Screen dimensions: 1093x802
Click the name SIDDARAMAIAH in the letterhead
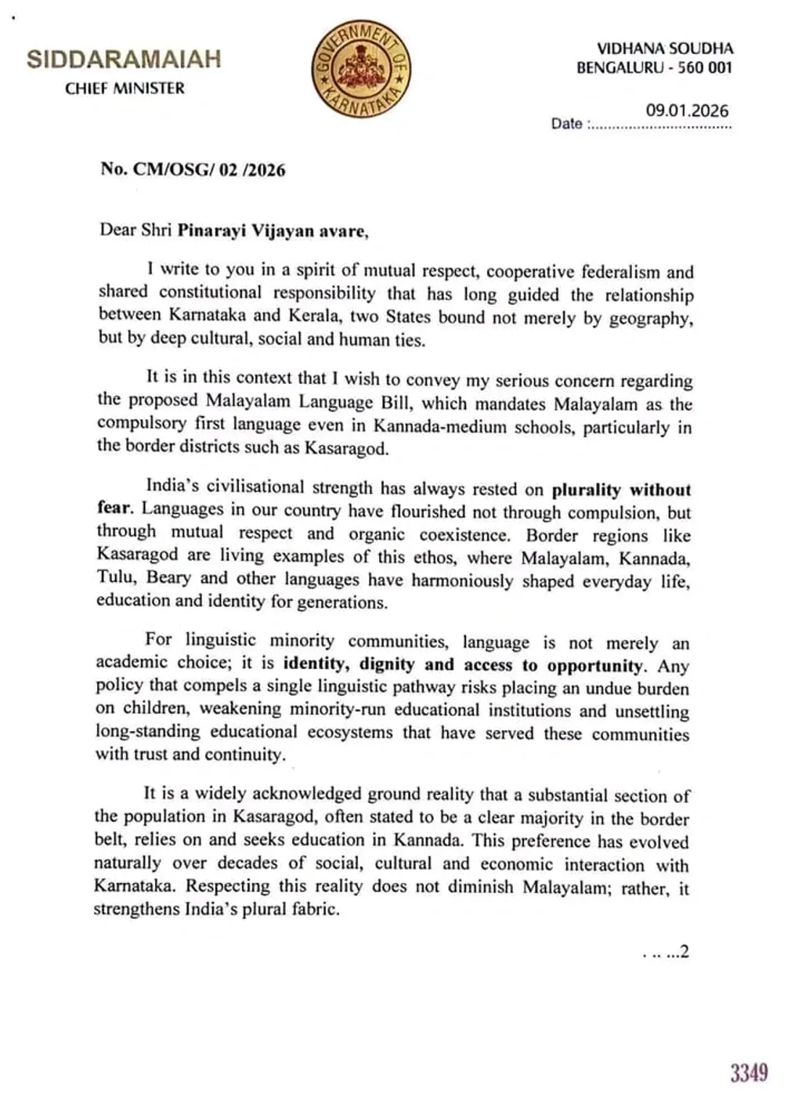click(x=124, y=60)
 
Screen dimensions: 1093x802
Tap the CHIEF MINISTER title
click(x=125, y=89)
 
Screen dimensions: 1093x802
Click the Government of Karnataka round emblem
click(x=361, y=68)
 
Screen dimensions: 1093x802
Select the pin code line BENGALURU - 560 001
click(x=654, y=68)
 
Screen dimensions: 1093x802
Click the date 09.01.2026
click(x=687, y=110)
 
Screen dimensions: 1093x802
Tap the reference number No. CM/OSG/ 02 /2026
click(x=193, y=169)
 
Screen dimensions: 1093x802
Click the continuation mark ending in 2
click(x=666, y=953)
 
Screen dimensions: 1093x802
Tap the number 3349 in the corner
click(x=749, y=1072)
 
